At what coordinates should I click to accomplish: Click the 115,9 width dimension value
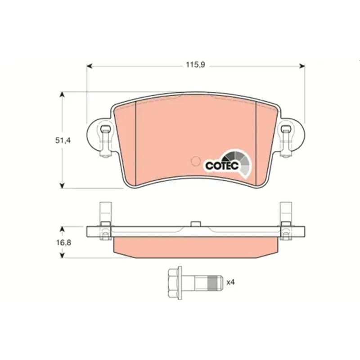[195, 65]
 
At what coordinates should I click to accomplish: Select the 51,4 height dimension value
[63, 140]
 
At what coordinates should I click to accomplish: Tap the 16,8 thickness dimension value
[64, 243]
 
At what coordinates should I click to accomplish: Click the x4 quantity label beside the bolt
[230, 282]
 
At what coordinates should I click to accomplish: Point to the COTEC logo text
[222, 166]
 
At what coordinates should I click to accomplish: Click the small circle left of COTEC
[196, 161]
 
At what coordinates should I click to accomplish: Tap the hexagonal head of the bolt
[175, 283]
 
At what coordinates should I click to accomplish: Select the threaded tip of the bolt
[215, 283]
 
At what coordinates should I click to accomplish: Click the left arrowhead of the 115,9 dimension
[90, 66]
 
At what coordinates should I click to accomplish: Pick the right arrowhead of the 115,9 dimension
[302, 66]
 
